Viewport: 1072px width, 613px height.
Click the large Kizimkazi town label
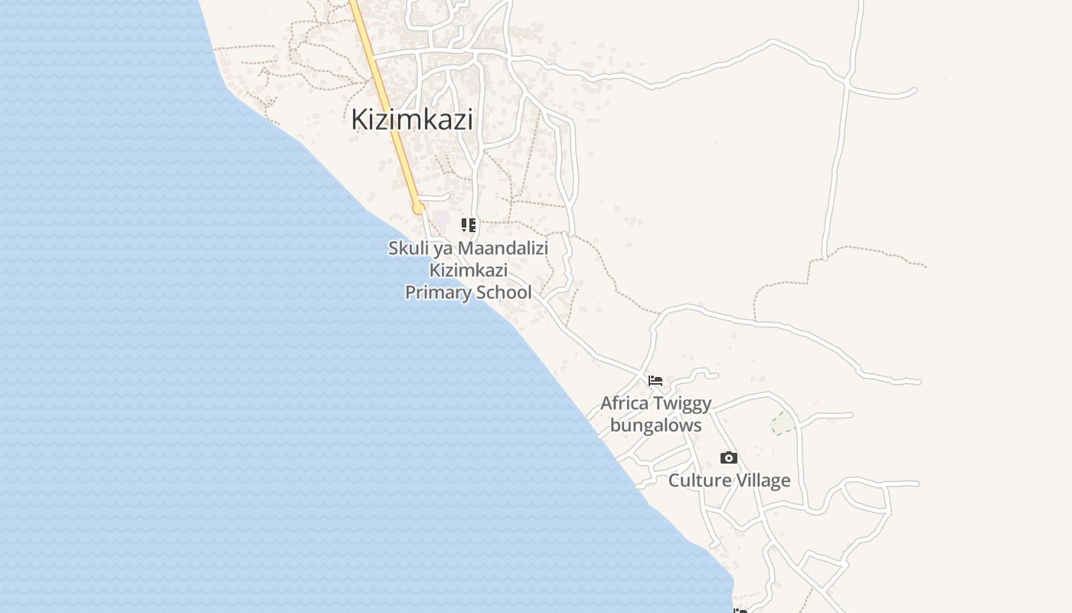(x=412, y=120)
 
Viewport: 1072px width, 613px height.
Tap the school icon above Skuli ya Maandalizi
(x=468, y=225)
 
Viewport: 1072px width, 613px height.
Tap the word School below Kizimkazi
(x=502, y=292)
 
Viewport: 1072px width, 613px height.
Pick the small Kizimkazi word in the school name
(x=468, y=270)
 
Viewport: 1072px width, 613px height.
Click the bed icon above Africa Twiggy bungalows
(x=655, y=380)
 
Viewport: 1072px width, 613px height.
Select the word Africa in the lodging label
(x=624, y=403)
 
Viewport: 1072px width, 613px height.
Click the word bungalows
(x=655, y=425)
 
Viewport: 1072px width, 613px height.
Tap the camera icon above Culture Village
(x=729, y=458)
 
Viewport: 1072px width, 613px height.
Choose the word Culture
(x=696, y=480)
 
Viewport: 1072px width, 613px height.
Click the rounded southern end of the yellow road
(x=418, y=208)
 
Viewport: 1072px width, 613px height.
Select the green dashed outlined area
(x=783, y=423)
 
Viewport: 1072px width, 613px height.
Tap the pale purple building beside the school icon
(x=443, y=219)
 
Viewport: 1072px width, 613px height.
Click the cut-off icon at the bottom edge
(x=740, y=610)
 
